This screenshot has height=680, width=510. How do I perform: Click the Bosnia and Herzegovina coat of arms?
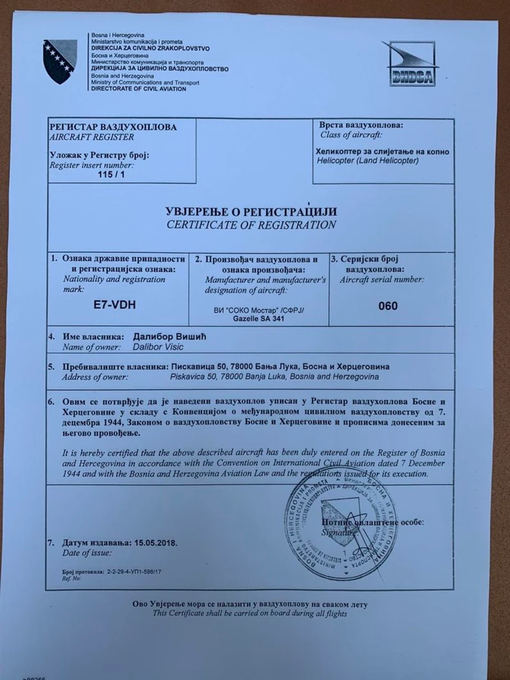[60, 61]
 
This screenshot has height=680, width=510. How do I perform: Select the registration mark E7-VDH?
[115, 305]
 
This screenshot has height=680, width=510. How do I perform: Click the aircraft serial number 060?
[388, 305]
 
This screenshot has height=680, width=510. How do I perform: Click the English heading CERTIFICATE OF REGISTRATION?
[251, 225]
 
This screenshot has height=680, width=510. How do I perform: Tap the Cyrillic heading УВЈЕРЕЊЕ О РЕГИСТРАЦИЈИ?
[251, 212]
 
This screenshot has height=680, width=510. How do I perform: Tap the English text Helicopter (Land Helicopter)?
[367, 160]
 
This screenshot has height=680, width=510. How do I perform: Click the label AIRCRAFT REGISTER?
[92, 137]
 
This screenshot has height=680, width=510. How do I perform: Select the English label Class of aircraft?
[351, 135]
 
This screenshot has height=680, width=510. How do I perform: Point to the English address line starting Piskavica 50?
[274, 376]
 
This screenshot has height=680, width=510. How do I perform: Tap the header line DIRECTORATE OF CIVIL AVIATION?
[138, 88]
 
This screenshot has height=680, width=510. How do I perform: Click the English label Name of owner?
[92, 348]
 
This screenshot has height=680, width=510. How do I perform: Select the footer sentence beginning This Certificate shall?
[250, 613]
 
